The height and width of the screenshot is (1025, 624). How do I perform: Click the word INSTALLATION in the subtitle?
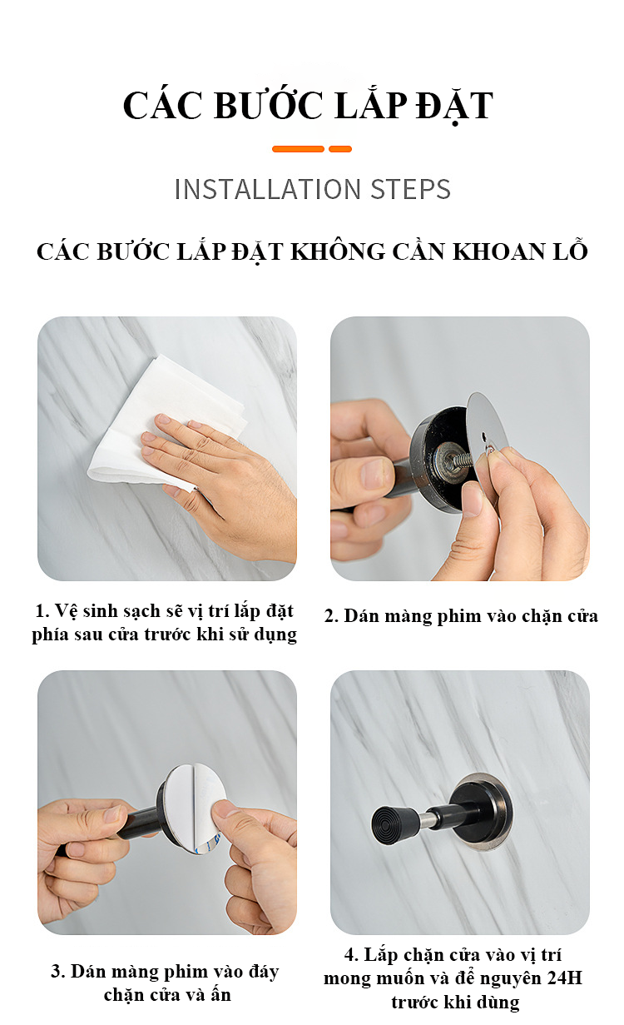click(268, 189)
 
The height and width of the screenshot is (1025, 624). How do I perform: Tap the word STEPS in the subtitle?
click(410, 189)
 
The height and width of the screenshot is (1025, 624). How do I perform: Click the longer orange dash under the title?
click(298, 149)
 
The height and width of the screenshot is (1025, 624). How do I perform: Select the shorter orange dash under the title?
click(340, 149)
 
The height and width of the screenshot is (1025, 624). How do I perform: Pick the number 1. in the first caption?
click(42, 611)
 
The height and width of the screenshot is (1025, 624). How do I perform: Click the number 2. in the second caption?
click(331, 616)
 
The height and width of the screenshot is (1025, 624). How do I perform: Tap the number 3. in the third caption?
click(58, 971)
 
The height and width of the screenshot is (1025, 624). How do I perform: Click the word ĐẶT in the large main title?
click(454, 106)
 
